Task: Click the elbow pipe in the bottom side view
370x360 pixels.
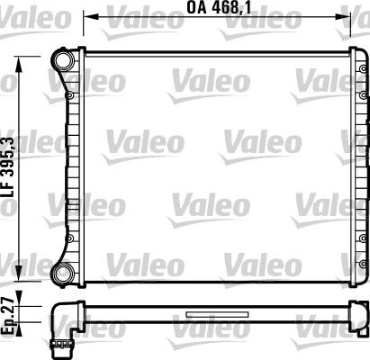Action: tap(65, 320)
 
